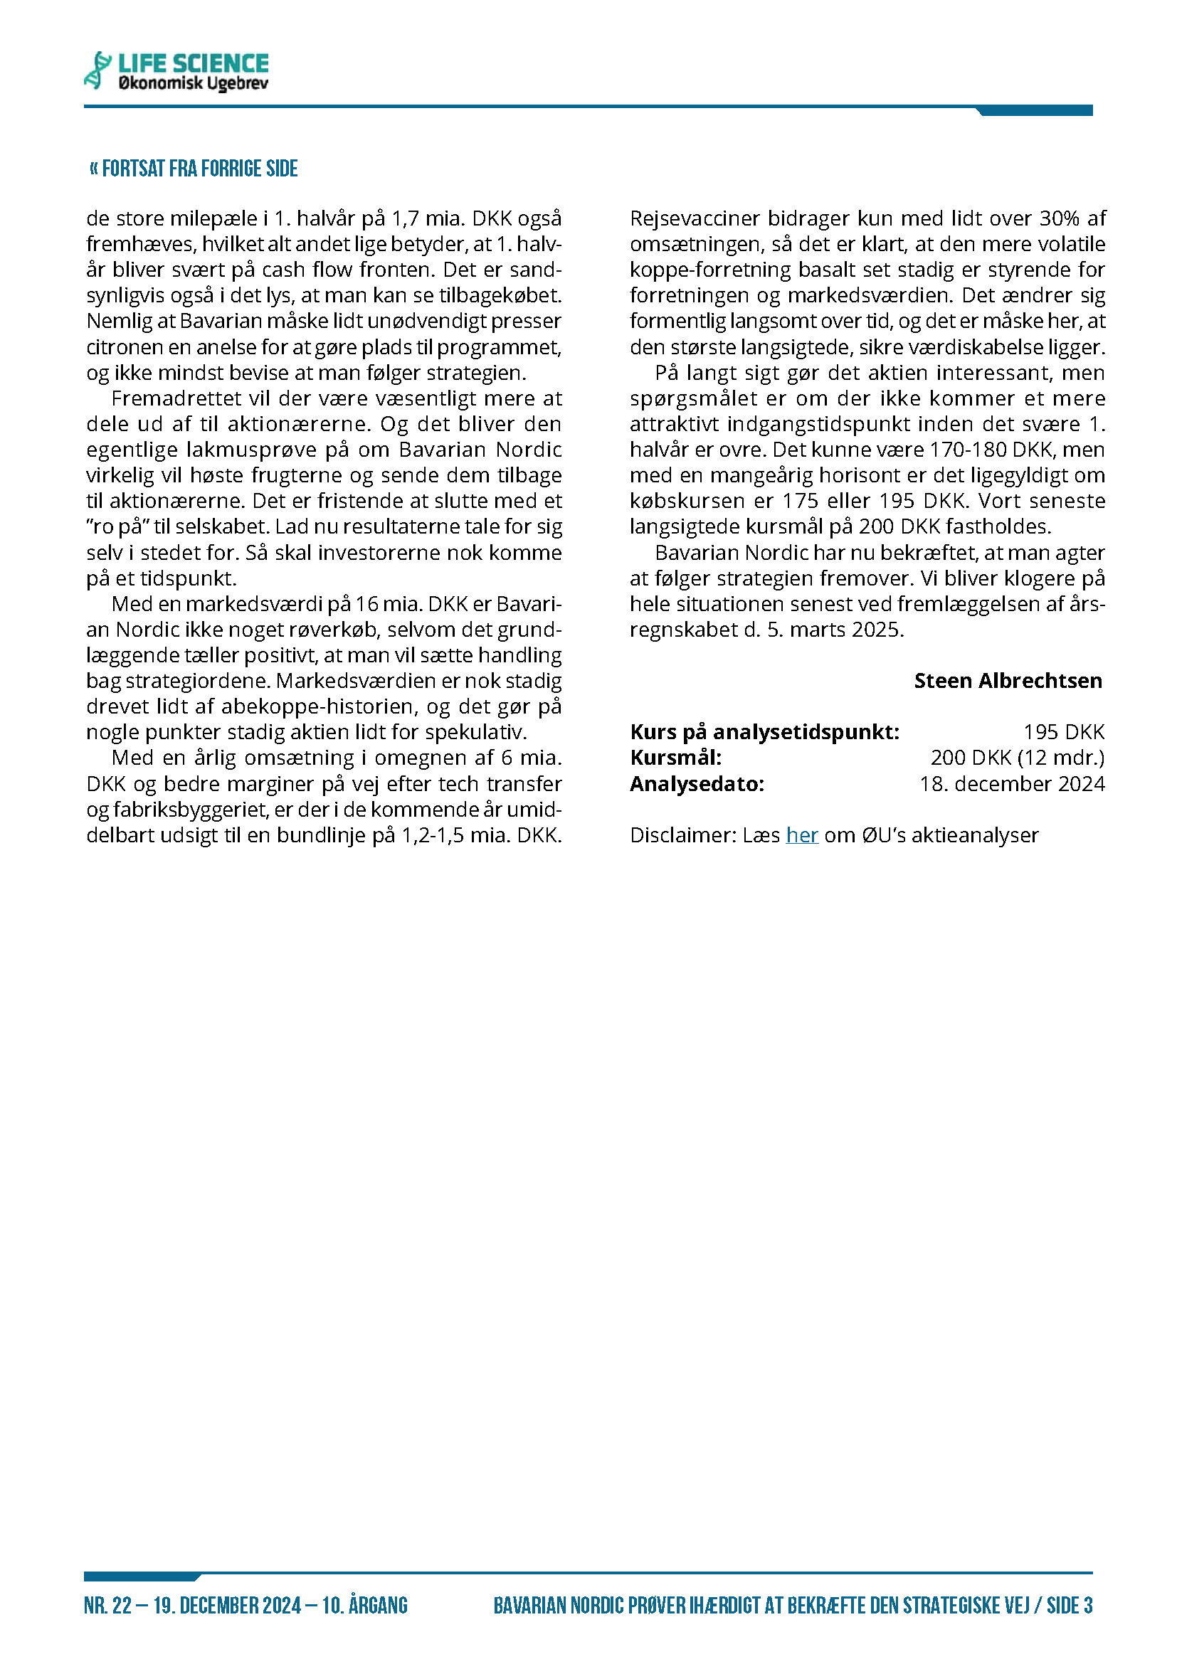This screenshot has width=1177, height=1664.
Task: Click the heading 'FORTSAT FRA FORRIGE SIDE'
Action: click(194, 169)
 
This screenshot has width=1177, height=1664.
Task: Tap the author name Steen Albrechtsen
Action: click(1008, 681)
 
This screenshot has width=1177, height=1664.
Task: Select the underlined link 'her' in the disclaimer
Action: click(801, 835)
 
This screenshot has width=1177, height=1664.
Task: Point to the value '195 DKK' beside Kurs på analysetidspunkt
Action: click(1063, 732)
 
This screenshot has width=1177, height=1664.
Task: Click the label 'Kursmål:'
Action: click(675, 758)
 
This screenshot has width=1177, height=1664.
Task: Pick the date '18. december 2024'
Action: click(1012, 784)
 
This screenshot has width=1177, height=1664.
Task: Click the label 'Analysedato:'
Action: click(697, 784)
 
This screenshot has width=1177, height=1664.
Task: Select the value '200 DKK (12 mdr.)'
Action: click(1017, 758)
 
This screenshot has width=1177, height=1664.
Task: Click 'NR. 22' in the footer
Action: click(108, 1605)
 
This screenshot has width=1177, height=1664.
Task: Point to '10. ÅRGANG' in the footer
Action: click(364, 1605)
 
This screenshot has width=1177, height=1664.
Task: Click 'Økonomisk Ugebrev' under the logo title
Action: click(193, 84)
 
